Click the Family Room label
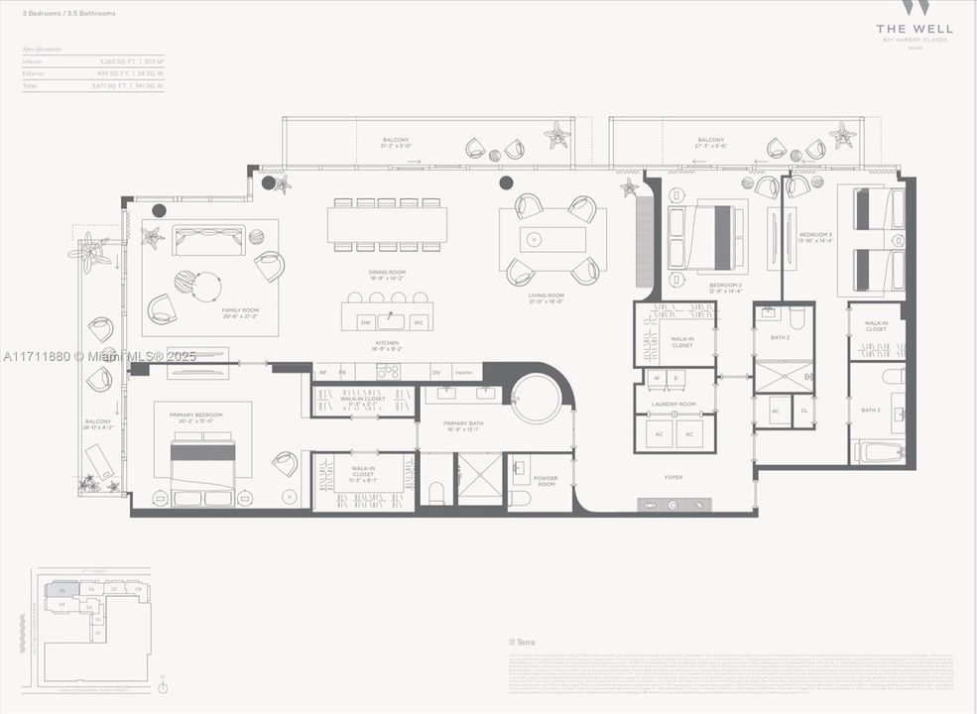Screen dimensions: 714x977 point(239,310)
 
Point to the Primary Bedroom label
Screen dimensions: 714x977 point(195,415)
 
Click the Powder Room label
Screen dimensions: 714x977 point(546,482)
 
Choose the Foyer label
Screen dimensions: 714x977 point(673,477)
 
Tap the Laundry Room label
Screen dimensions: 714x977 point(673,405)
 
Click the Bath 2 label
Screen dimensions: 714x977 point(781,337)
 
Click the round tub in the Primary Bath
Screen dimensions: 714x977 point(537,399)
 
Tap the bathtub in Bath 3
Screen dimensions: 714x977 point(878,452)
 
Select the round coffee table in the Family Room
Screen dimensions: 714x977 point(206,287)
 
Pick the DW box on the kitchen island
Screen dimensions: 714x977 point(366,322)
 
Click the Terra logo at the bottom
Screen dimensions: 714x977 point(523,643)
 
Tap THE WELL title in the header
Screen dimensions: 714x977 point(916,29)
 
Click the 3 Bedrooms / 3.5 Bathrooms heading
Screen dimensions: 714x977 point(69,14)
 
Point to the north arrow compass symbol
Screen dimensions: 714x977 point(164,686)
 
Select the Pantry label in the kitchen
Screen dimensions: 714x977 point(463,374)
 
